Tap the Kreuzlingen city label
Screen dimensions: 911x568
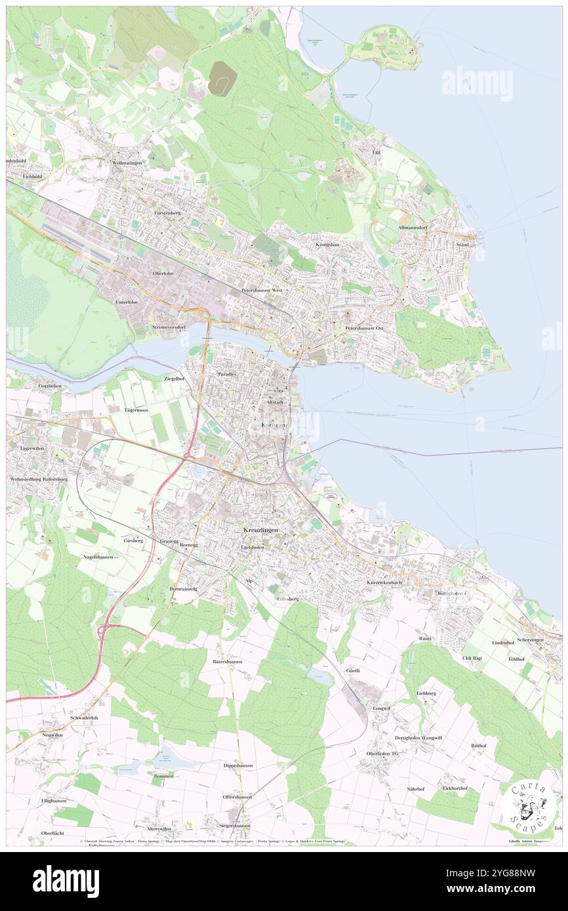click(x=260, y=530)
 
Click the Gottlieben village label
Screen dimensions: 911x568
click(x=50, y=386)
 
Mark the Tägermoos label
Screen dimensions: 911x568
click(x=136, y=410)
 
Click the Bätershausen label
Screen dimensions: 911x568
click(x=228, y=661)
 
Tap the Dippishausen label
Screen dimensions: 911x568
click(x=237, y=765)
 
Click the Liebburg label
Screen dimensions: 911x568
click(x=426, y=693)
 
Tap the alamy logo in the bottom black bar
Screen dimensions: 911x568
click(x=66, y=882)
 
